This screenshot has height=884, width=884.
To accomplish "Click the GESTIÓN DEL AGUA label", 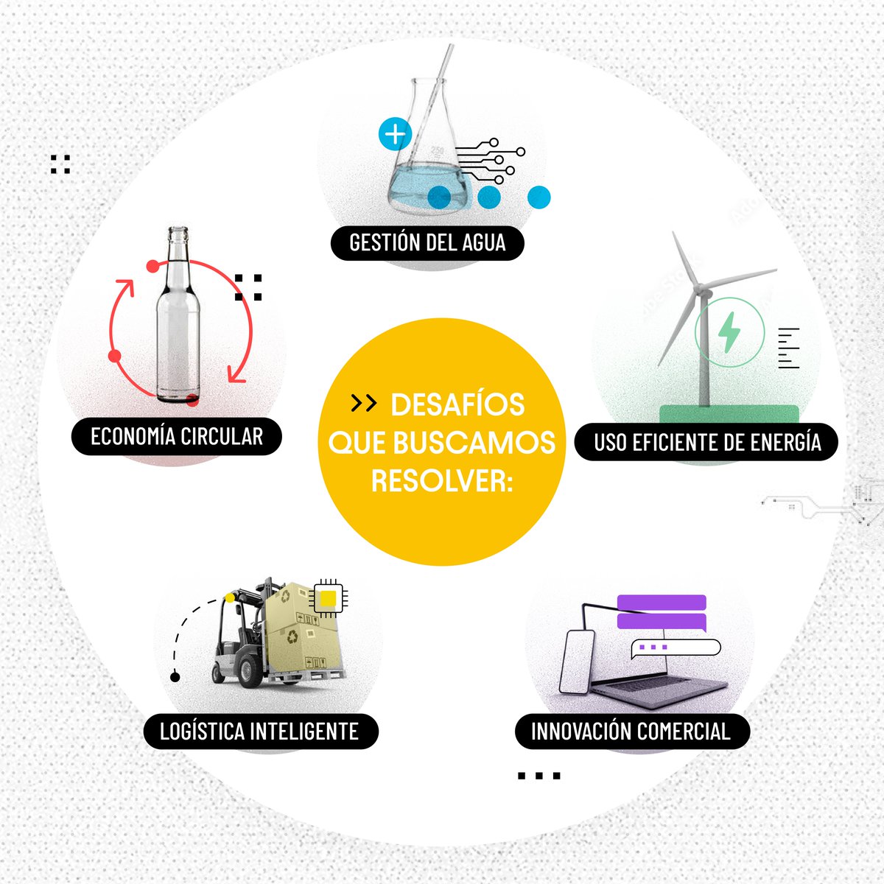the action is click(x=427, y=242).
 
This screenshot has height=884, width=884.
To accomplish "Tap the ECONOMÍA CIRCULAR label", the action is click(x=177, y=436).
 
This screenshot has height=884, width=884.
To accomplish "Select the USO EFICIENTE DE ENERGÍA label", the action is click(x=706, y=442).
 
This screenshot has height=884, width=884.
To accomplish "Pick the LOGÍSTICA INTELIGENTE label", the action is click(x=261, y=732).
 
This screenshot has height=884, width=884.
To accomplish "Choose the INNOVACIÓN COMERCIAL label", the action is click(x=633, y=732).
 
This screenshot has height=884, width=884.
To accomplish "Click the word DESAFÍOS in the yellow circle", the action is click(x=457, y=404).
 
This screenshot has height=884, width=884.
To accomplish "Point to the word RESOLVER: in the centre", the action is click(x=442, y=481).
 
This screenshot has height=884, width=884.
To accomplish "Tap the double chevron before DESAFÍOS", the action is click(x=364, y=403).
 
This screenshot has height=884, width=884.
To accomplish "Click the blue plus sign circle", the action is click(x=395, y=134).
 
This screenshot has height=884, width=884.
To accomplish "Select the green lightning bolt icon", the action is click(x=729, y=331).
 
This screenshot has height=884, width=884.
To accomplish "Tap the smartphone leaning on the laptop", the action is click(x=577, y=662).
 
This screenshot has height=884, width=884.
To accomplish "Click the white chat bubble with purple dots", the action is click(x=676, y=648).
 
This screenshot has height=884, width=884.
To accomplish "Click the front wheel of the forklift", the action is click(x=250, y=670).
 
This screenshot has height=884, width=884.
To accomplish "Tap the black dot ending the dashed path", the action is click(x=175, y=677).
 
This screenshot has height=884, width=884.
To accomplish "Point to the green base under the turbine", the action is click(x=729, y=414).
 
